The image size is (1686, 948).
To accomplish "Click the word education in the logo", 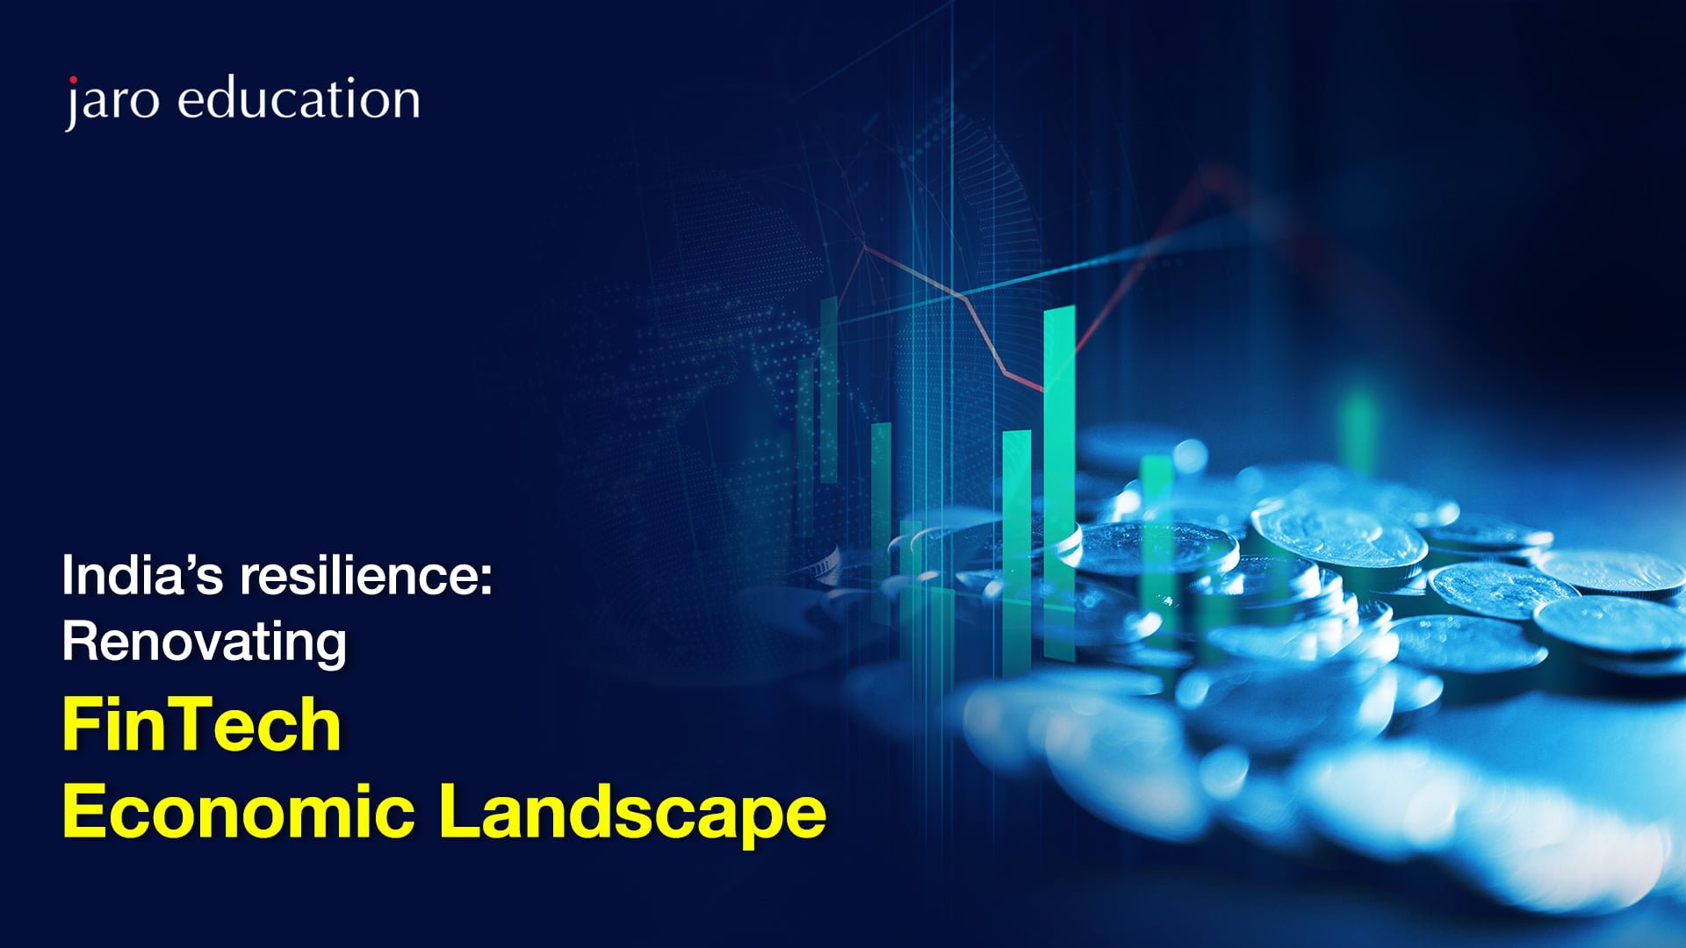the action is [299, 97].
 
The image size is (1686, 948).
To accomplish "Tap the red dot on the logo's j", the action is [74, 82].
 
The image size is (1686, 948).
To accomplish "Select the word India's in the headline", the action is [143, 576].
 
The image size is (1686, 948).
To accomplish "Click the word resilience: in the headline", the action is [366, 576].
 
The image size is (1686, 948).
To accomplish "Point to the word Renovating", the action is [205, 643].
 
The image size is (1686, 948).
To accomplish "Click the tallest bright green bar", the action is [1059, 482].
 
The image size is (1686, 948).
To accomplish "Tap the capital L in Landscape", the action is [460, 811].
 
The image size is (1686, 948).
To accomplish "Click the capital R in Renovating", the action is [81, 641].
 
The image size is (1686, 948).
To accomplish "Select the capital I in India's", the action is [67, 576].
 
